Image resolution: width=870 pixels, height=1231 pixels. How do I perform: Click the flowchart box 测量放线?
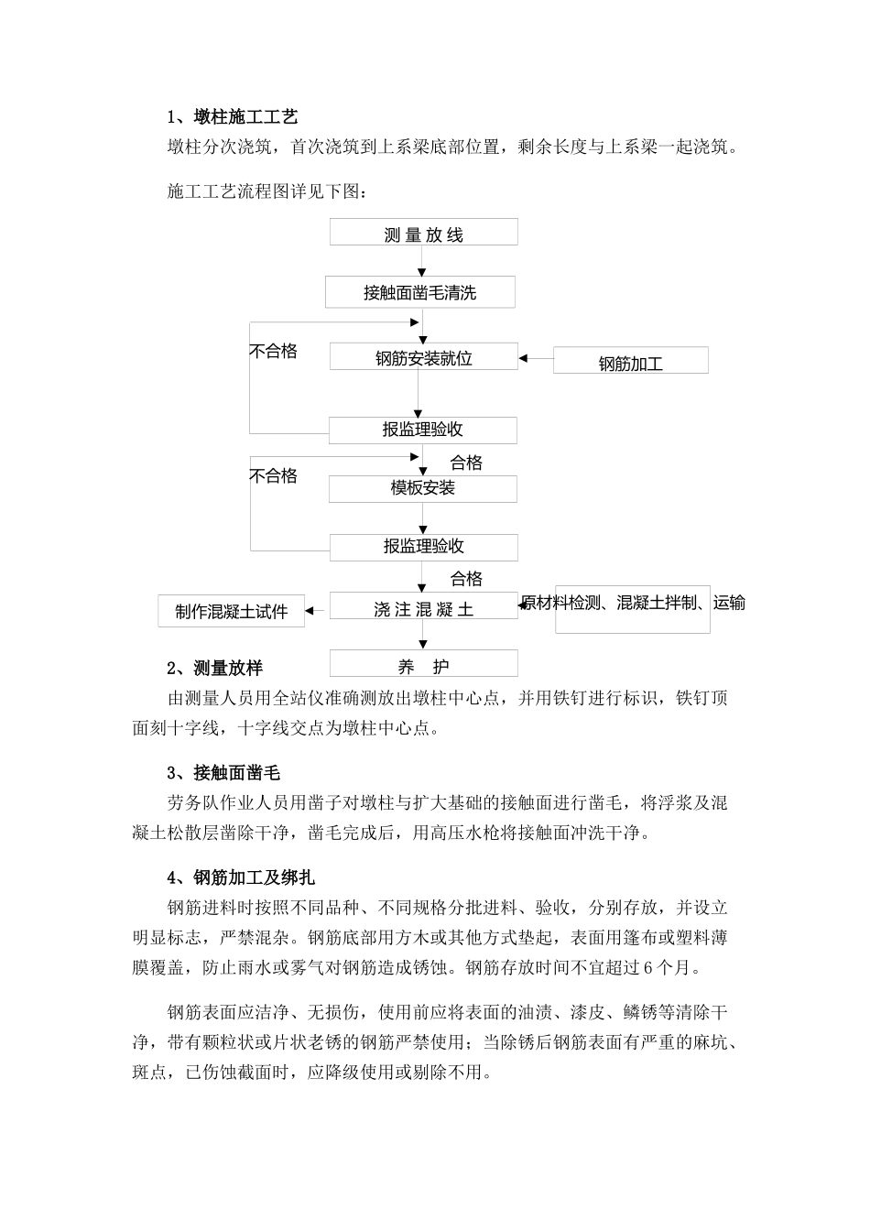[x=423, y=234]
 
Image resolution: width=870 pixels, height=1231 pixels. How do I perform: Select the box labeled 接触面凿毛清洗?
[x=419, y=293]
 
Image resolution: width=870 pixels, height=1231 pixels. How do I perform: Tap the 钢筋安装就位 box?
[x=423, y=358]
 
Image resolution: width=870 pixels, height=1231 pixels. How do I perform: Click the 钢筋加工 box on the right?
[x=630, y=362]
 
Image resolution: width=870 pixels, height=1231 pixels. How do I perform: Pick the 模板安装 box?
[x=422, y=488]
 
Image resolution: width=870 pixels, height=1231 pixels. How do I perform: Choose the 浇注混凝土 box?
[x=423, y=608]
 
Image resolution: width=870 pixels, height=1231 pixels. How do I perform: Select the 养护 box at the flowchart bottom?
[x=423, y=666]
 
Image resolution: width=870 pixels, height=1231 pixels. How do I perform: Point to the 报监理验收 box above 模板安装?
[x=422, y=430]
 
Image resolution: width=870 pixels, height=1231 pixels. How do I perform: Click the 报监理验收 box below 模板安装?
[x=423, y=547]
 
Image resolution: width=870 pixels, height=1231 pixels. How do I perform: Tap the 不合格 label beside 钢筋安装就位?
[x=274, y=352]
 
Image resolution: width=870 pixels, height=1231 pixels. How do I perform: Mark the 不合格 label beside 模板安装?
[x=274, y=476]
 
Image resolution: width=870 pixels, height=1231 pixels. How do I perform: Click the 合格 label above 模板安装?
[x=466, y=463]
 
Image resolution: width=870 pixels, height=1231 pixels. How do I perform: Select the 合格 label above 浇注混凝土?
[x=466, y=579]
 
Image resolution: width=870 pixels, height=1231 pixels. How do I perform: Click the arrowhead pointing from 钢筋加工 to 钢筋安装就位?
[x=525, y=358]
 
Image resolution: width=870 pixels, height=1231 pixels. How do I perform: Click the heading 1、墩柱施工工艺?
[x=233, y=117]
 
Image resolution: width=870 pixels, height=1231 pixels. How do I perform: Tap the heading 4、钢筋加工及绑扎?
[x=241, y=877]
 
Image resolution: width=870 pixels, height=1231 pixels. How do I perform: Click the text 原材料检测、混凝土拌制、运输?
[x=633, y=603]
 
